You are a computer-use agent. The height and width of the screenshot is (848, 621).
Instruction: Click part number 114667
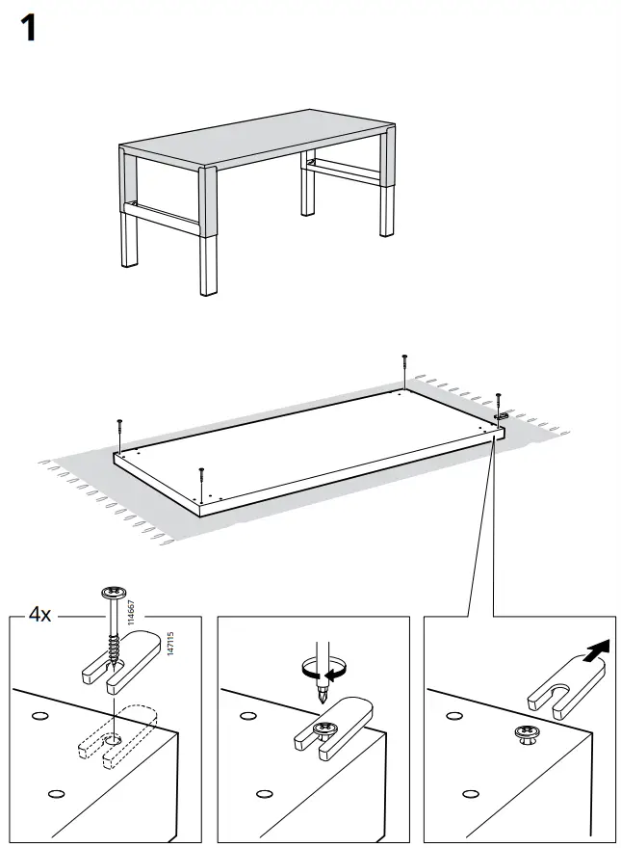[132, 614]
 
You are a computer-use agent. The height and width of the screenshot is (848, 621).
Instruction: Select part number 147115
[170, 645]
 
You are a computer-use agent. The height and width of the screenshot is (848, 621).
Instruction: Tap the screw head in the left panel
[114, 595]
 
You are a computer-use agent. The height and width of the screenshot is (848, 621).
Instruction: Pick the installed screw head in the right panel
[528, 735]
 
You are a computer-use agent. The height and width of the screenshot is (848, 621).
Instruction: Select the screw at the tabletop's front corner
[200, 477]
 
